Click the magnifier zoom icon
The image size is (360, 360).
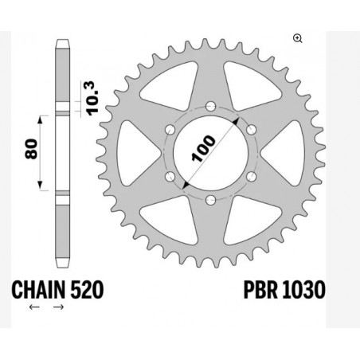point(298,37)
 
